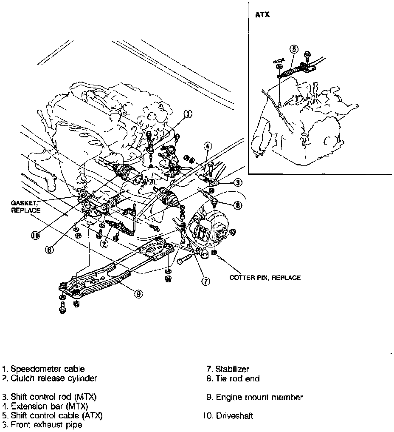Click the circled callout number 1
click(188, 114)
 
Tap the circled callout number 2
click(103, 244)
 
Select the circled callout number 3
click(237, 183)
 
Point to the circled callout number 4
click(207, 147)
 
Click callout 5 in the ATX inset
click(294, 49)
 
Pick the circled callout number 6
click(49, 250)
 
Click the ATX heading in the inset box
click(262, 14)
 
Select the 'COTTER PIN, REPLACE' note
click(265, 278)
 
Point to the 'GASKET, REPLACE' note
click(25, 207)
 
